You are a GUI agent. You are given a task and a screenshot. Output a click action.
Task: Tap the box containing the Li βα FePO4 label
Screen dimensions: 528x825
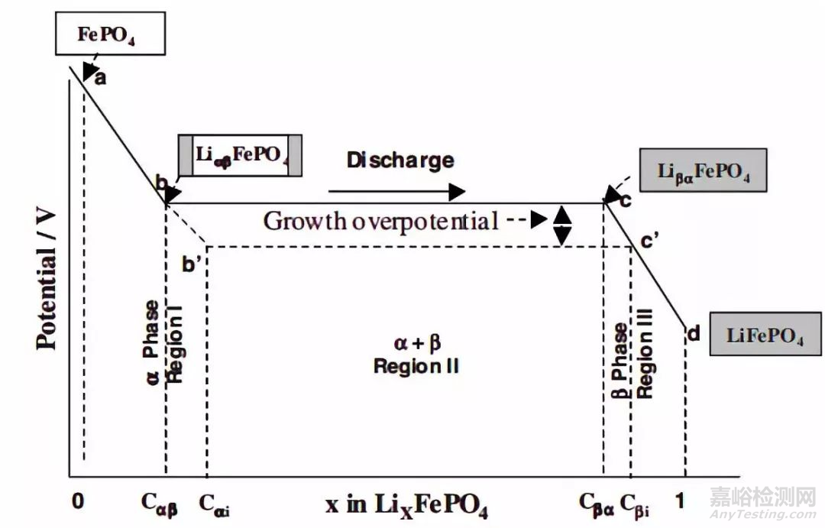tap(704, 170)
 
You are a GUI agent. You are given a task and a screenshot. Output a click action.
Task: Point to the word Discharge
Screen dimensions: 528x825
tap(400, 160)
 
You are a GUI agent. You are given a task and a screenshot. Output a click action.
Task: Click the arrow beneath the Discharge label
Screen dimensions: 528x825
tap(396, 191)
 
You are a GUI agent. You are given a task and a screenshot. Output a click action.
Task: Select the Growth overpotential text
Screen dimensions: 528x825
tap(380, 221)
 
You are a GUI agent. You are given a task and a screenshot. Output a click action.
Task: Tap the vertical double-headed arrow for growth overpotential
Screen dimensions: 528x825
tap(562, 225)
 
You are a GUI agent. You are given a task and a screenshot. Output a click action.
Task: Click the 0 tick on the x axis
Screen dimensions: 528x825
tap(77, 501)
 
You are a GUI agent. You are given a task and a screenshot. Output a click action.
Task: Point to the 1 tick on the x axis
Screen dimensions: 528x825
tap(681, 501)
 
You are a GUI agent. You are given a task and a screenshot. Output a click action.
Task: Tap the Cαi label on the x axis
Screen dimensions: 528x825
tap(216, 504)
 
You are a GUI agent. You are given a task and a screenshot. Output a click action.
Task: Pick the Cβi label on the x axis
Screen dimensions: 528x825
tap(636, 504)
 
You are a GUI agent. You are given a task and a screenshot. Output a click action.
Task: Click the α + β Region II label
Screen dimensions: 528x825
tap(416, 356)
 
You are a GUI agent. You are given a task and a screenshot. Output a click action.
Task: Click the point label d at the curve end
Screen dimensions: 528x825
tap(694, 333)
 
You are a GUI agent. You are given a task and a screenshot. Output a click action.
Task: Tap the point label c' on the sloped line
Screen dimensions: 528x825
tap(650, 243)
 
